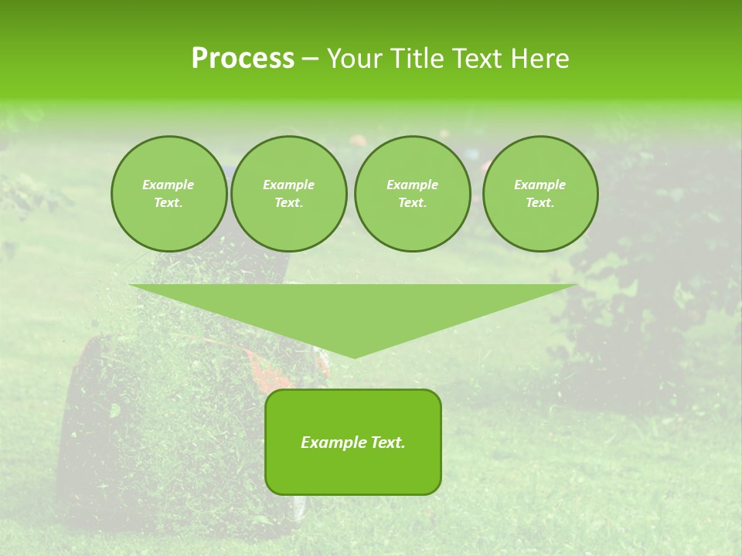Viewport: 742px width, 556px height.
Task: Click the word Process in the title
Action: tap(243, 58)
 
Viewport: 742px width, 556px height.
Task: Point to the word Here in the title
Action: tap(543, 58)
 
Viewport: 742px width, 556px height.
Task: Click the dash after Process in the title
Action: tap(310, 59)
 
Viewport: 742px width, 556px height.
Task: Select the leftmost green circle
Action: tap(169, 194)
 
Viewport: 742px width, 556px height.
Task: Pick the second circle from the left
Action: tap(289, 194)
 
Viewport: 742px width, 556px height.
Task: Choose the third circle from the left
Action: tap(412, 194)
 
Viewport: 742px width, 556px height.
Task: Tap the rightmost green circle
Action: tap(540, 194)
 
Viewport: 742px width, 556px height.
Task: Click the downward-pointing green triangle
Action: tap(353, 313)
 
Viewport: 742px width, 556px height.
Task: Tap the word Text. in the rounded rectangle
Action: tap(388, 442)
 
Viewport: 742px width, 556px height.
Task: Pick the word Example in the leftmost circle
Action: tap(168, 185)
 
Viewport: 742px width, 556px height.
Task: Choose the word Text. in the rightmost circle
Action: tap(540, 202)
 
